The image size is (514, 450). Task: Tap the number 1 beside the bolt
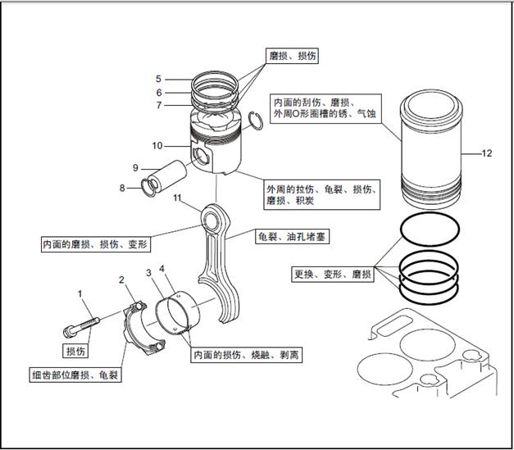pos(80,293)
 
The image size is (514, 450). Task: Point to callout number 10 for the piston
pos(157,146)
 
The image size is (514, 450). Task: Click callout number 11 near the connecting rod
pos(177,198)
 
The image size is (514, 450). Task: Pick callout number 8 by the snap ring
pos(122,188)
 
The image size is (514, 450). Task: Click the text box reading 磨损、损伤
pos(293,56)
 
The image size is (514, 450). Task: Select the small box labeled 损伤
pos(76,351)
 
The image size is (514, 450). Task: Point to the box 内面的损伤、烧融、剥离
pos(245,357)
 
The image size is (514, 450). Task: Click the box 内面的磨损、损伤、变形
pos(97,244)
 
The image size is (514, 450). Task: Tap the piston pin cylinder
pos(173,175)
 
